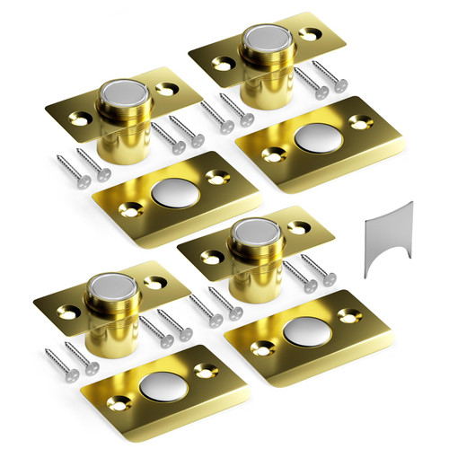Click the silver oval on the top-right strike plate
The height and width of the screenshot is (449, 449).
point(316,138)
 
